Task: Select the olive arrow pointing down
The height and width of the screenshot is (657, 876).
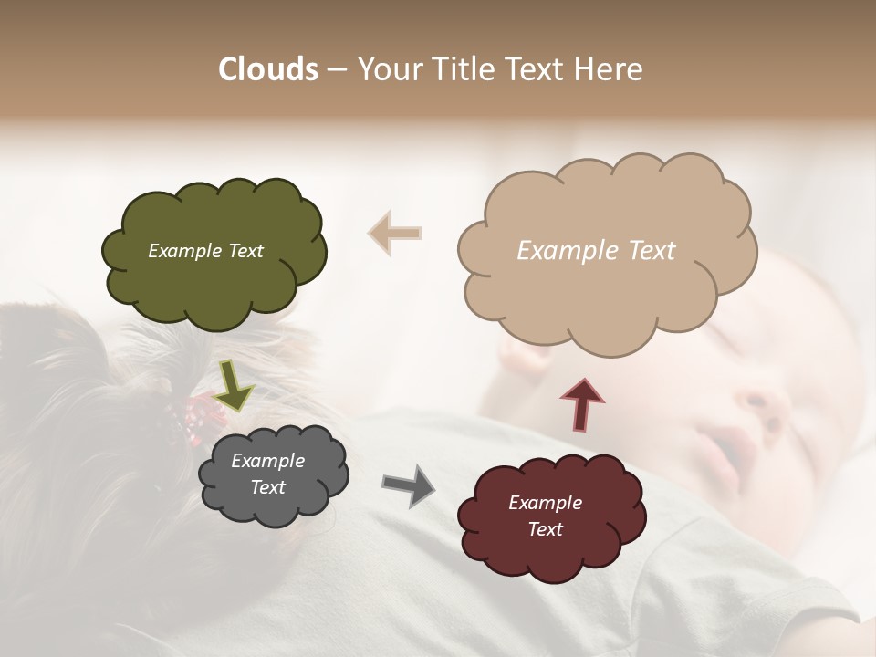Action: tap(234, 385)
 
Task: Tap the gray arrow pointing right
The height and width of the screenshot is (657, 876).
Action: tap(409, 485)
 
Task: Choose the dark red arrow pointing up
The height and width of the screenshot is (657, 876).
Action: tap(582, 404)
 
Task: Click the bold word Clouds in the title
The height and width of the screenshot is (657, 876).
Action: tap(268, 69)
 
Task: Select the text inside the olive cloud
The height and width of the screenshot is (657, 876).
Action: tap(205, 251)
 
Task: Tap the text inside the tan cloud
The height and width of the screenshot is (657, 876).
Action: tap(596, 251)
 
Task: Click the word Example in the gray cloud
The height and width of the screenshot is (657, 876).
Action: tap(267, 461)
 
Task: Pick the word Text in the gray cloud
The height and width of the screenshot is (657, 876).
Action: tap(267, 487)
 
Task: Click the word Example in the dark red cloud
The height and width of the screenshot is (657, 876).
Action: tap(545, 503)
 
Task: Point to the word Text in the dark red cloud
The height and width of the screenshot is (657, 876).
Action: tap(545, 529)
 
